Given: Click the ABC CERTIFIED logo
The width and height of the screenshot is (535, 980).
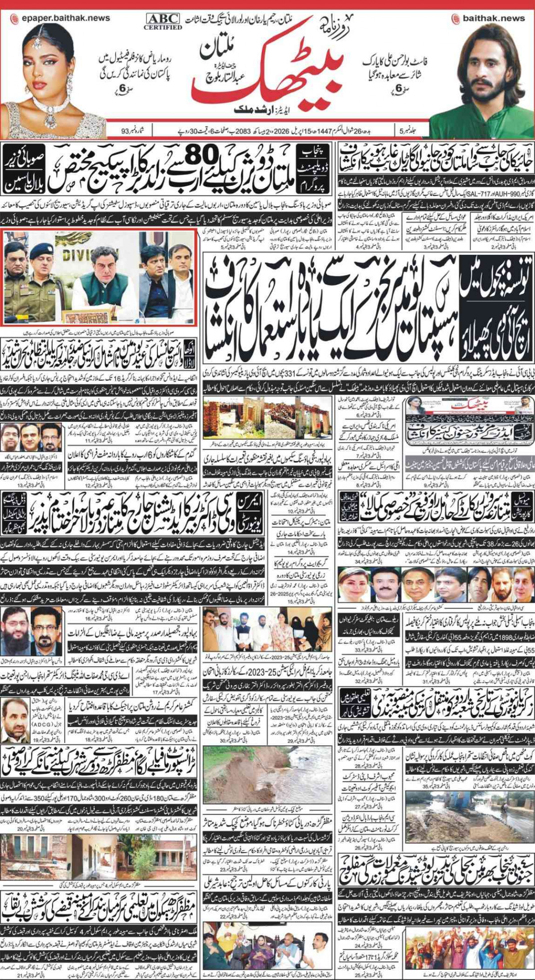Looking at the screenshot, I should pos(163,21).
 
